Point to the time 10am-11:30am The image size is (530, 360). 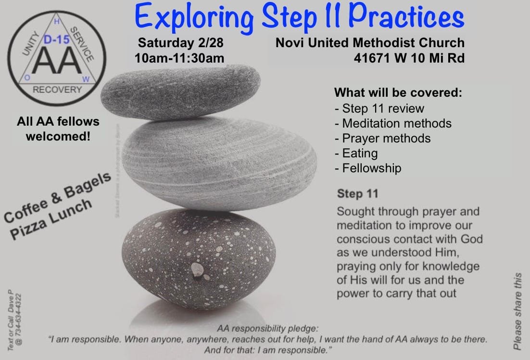[180, 58]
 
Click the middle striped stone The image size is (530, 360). [219, 159]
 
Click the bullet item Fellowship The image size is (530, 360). [368, 168]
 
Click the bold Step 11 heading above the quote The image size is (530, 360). [358, 194]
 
